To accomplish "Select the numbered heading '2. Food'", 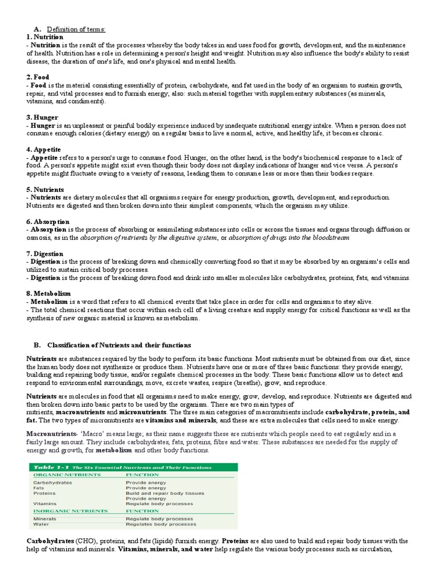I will (38, 77).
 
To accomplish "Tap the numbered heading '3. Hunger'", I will (42, 117).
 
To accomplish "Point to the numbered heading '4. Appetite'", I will (43, 150).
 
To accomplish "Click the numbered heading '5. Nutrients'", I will (45, 189).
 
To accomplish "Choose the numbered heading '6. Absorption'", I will (47, 222).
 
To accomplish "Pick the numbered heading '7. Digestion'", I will (45, 254).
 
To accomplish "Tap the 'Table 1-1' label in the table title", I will (51, 467).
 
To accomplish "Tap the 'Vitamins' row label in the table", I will (44, 503).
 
